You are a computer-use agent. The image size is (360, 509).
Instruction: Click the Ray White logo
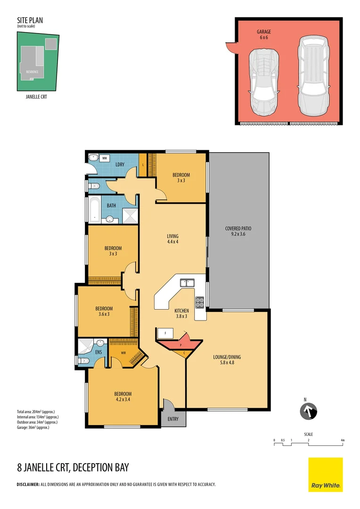pos(326,475)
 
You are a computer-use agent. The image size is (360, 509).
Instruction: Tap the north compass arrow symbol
pos(309,411)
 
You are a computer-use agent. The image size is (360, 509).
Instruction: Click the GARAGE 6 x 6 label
pos(264,34)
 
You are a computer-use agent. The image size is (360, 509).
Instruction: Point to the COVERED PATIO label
pos(238,231)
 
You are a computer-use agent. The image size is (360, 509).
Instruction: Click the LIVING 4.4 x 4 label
pos(172,239)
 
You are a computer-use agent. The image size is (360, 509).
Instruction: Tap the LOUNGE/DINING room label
pos(228,360)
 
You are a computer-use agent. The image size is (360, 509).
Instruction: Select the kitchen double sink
pos(187,283)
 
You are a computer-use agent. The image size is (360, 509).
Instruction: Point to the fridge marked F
pos(165,333)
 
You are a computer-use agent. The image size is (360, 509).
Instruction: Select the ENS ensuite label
pos(98,352)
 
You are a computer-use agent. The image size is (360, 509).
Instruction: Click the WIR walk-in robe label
pos(123,352)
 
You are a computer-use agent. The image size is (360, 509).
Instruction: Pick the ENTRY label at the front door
pos(173,419)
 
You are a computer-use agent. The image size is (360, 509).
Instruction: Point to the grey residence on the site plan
pos(33,65)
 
